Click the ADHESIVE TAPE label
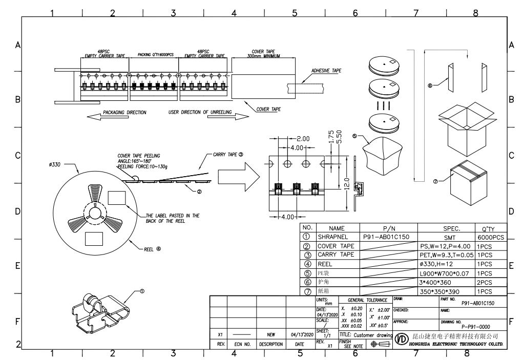326,71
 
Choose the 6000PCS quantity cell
490,237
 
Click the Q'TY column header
490,228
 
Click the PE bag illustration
383,155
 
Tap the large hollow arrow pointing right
237,176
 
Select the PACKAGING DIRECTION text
124,112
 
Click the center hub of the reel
95,213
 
